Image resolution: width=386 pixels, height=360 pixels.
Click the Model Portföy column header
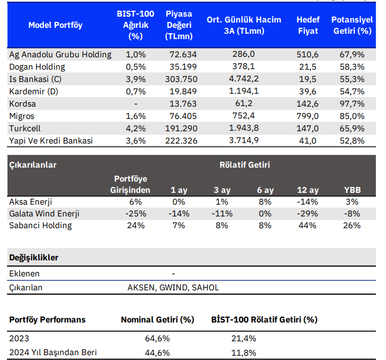click(55, 25)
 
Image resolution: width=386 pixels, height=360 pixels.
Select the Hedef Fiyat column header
click(307, 25)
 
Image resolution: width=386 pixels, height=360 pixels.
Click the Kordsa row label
click(23, 103)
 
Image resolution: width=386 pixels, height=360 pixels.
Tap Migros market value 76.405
click(183, 116)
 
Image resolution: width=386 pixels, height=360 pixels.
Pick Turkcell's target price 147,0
click(307, 129)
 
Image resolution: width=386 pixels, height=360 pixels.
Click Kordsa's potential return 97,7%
click(352, 103)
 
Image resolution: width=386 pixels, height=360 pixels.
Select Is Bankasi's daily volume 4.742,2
click(244, 79)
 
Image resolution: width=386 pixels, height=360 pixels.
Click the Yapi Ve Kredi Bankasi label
click(51, 140)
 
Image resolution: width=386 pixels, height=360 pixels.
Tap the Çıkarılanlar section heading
click(33, 165)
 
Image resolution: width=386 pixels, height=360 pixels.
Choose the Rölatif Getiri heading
click(245, 165)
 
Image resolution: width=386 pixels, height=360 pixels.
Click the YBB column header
click(352, 190)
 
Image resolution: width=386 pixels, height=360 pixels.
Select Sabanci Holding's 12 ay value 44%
click(307, 226)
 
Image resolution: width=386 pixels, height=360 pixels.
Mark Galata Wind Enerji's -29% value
click(307, 214)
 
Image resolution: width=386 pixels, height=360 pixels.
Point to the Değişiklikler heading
click(34, 258)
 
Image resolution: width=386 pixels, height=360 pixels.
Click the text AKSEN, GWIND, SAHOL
click(173, 288)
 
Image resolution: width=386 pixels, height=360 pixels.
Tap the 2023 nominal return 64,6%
click(157, 339)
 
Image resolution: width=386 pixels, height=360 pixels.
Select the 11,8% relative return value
click(244, 353)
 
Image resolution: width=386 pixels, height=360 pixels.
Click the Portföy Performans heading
click(47, 320)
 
